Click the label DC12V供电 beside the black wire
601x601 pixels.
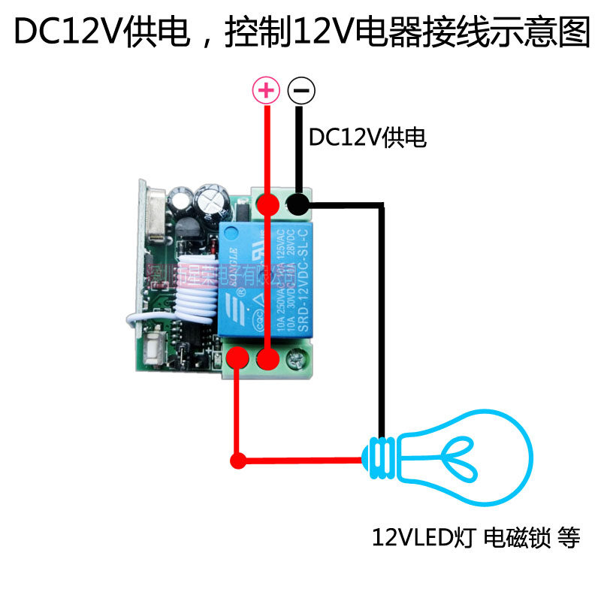367,137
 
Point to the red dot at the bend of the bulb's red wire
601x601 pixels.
237,461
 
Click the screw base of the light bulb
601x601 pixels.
382,459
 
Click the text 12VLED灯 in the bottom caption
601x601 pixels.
424,538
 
